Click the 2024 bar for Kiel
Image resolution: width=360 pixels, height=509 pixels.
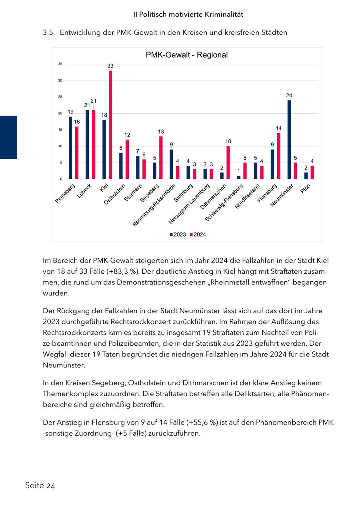click(x=110, y=125)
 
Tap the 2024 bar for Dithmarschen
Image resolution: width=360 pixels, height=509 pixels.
click(x=228, y=162)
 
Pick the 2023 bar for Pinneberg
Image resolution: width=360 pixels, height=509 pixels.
click(x=70, y=148)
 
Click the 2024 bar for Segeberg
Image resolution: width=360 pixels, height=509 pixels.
click(x=161, y=158)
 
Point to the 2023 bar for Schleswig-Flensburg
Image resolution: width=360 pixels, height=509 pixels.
click(x=239, y=177)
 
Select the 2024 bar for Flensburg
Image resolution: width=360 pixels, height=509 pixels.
click(x=279, y=156)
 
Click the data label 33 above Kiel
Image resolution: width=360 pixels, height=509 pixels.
click(x=110, y=66)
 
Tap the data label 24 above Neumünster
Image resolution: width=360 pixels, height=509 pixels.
click(x=289, y=95)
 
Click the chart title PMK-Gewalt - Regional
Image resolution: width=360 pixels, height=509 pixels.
click(x=187, y=55)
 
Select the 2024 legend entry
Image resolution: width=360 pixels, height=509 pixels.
click(x=198, y=234)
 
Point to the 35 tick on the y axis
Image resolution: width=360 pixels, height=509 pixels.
click(x=60, y=64)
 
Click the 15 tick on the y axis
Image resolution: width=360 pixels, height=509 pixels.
click(x=60, y=130)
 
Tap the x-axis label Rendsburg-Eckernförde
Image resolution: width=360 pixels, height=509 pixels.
click(x=155, y=205)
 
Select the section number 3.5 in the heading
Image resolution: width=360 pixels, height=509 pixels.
click(x=48, y=33)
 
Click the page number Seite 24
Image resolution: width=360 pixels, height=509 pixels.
click(x=40, y=486)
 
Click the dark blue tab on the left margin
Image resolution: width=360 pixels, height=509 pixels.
click(x=8, y=137)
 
